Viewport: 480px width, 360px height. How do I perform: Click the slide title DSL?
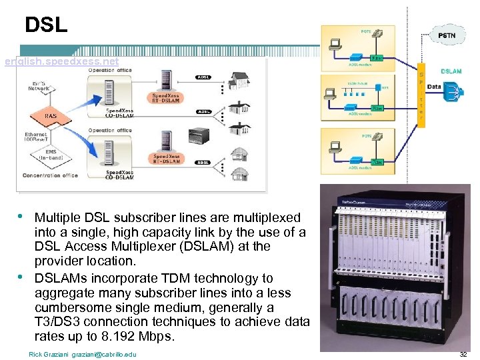pyautogui.click(x=46, y=25)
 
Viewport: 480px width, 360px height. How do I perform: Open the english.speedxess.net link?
pyautogui.click(x=61, y=61)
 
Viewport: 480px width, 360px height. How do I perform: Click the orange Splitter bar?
pyautogui.click(x=421, y=93)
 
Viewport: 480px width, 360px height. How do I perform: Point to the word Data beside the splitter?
pyautogui.click(x=433, y=86)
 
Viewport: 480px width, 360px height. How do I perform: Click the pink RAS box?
pyautogui.click(x=51, y=116)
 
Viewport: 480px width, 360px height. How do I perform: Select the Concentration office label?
pyautogui.click(x=50, y=175)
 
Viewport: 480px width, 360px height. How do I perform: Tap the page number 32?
pyautogui.click(x=463, y=354)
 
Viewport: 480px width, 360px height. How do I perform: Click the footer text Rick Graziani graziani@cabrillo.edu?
pyautogui.click(x=83, y=354)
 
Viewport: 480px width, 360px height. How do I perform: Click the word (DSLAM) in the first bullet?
pyautogui.click(x=212, y=247)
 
